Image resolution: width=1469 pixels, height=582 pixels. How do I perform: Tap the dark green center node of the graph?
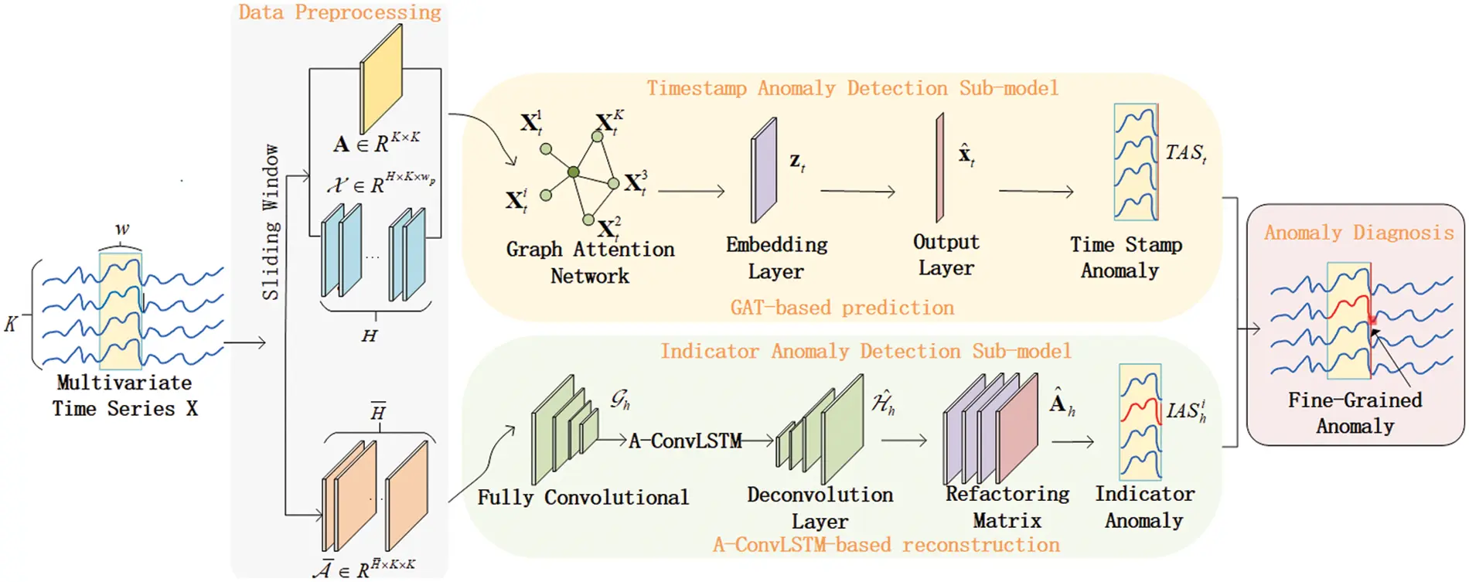click(573, 172)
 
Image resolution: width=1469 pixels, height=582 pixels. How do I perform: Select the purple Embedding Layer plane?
click(764, 170)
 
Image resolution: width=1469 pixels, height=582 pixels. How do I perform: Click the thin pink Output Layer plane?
click(939, 168)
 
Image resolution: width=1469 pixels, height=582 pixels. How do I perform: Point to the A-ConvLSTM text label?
click(685, 441)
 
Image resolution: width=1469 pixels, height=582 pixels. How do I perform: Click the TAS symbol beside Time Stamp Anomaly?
click(1185, 153)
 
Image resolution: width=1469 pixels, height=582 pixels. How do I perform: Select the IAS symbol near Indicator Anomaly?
click(1185, 410)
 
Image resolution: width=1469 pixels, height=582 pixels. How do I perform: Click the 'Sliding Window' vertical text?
click(270, 222)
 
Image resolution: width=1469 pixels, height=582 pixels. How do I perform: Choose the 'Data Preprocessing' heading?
click(339, 12)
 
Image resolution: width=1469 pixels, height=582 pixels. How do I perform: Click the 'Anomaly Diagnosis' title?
click(1358, 233)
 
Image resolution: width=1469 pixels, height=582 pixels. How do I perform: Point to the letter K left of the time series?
click(11, 324)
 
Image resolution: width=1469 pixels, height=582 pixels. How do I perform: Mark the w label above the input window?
click(121, 230)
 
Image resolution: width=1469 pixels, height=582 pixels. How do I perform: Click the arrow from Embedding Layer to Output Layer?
click(857, 191)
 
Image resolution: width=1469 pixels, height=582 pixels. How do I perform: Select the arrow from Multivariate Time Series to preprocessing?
click(244, 342)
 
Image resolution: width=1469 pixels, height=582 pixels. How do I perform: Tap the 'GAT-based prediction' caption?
click(842, 308)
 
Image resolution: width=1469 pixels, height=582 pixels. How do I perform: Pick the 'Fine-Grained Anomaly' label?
click(1355, 413)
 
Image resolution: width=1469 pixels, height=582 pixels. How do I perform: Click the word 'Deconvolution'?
click(820, 495)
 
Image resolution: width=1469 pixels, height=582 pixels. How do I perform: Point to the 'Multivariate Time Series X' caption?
click(124, 395)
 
